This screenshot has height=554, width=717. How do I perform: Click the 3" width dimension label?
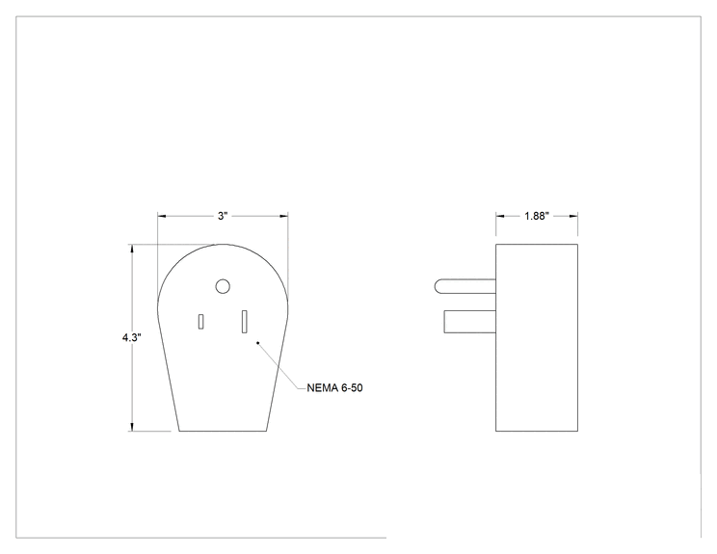click(x=223, y=216)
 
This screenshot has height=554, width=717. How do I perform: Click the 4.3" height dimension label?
click(x=132, y=338)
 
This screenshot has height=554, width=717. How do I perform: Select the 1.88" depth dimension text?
click(x=537, y=216)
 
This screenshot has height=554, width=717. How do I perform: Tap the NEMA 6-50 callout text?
click(x=334, y=388)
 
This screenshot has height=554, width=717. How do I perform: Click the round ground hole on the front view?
click(x=223, y=286)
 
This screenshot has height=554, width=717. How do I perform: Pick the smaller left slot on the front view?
click(x=200, y=322)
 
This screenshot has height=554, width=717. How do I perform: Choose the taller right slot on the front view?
click(x=245, y=322)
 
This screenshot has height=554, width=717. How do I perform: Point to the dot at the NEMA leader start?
click(x=258, y=342)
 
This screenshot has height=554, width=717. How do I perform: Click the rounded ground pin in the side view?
click(x=465, y=286)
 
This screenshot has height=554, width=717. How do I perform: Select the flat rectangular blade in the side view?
click(x=470, y=322)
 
